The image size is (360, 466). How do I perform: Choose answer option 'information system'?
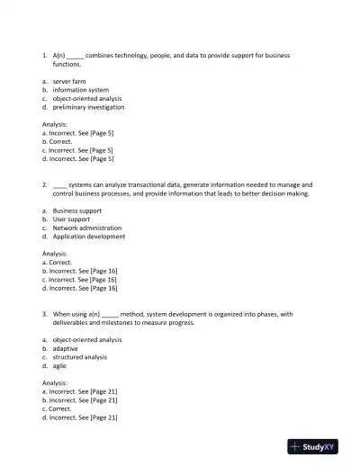click(x=81, y=89)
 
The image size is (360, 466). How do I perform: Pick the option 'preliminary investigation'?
click(x=88, y=107)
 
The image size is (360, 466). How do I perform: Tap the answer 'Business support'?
click(x=76, y=210)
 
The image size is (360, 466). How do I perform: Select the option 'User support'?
click(x=72, y=219)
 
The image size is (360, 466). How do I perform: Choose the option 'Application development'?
click(x=89, y=237)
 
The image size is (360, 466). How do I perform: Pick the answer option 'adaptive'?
click(x=66, y=348)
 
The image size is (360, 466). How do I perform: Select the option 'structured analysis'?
click(x=80, y=357)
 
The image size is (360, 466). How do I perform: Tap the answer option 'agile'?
click(x=60, y=366)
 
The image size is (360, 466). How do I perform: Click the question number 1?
click(x=45, y=56)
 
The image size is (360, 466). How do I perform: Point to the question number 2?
click(x=45, y=184)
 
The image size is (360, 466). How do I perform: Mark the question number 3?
click(x=45, y=314)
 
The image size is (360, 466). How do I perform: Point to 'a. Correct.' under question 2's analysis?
click(x=58, y=262)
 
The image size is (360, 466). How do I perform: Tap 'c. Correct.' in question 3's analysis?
click(x=58, y=408)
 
